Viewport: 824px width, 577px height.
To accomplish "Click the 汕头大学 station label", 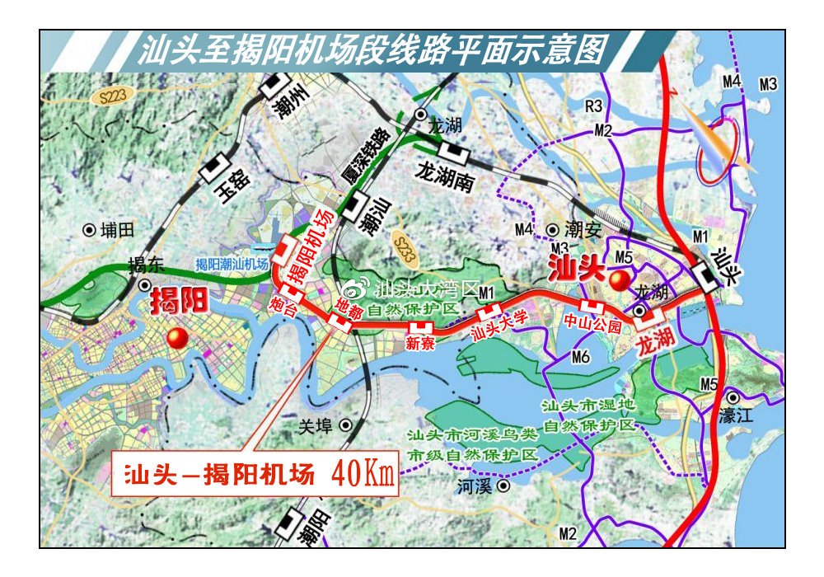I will pos(499,327).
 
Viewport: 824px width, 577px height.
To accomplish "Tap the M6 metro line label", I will pos(580,357).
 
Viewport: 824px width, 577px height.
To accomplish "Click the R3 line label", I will pos(595,106).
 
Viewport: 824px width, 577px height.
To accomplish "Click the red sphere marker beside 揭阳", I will pos(176,338).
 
